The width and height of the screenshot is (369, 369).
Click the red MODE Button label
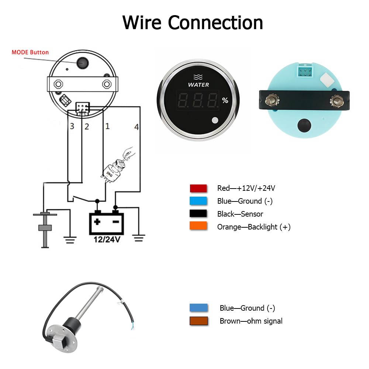point(30,52)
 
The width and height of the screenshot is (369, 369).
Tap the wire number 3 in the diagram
point(72,126)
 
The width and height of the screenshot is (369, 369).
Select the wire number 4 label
point(137,127)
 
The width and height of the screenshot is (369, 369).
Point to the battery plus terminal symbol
point(97,222)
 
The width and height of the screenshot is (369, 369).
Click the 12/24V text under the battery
point(107,239)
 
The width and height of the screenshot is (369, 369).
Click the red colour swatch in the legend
point(198,188)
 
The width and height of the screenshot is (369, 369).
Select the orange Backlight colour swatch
point(198,226)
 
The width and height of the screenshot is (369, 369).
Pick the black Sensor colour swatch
point(198,213)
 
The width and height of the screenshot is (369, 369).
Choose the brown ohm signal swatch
point(199,321)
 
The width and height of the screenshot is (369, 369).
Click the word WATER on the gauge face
point(199,85)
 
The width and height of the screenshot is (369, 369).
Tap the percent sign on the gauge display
point(225,100)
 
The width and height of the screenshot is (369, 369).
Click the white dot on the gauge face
point(215,120)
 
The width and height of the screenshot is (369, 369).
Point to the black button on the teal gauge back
point(304,125)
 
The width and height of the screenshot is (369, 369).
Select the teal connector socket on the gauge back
point(305,71)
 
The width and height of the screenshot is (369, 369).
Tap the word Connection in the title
point(215,23)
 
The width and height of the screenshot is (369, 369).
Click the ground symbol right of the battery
point(139,238)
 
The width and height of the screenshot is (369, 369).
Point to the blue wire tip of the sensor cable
point(133,325)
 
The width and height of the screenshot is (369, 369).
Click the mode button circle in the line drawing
point(82,63)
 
